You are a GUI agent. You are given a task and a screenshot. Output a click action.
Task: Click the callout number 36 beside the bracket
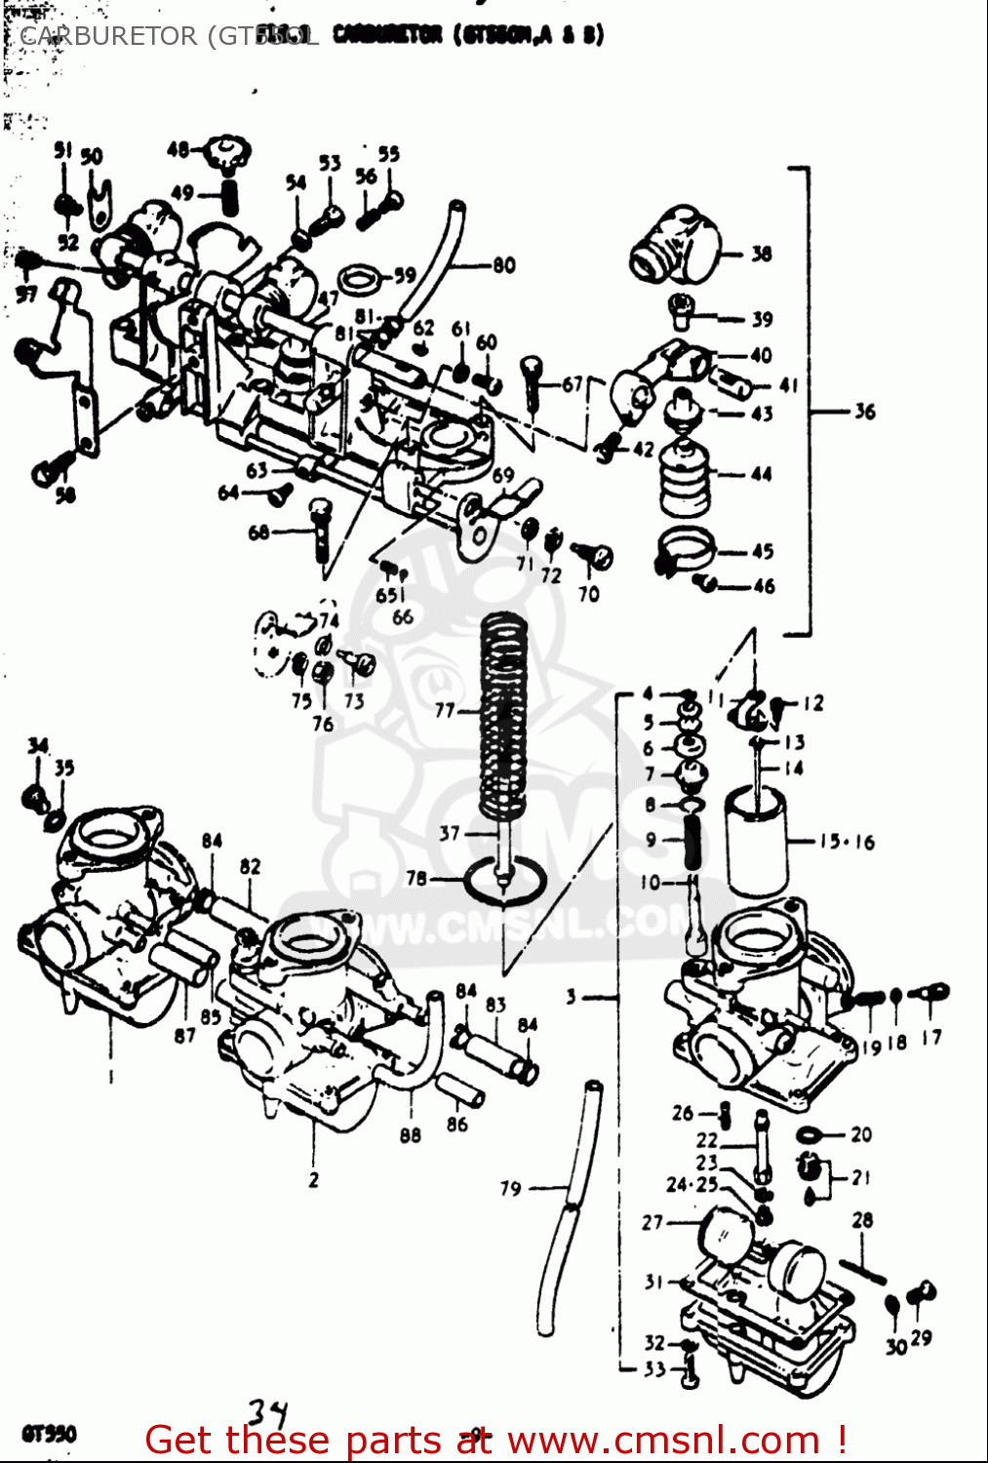click(864, 412)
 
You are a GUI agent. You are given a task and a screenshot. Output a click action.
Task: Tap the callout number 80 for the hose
click(503, 264)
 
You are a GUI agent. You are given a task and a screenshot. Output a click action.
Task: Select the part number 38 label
click(761, 254)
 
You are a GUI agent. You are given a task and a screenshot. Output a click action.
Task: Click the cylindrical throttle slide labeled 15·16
click(755, 841)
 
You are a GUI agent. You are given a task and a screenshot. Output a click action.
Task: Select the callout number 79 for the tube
click(510, 1188)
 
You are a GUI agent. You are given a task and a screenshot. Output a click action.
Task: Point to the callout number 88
click(410, 1134)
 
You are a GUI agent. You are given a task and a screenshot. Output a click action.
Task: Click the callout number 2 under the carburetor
click(313, 1179)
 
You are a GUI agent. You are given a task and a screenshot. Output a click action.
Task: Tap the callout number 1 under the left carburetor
click(110, 1077)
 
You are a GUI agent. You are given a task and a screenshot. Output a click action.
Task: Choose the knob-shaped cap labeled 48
click(227, 154)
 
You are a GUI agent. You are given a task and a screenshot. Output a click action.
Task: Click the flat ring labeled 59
click(361, 279)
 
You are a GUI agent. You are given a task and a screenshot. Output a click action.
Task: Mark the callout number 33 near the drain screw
click(653, 1369)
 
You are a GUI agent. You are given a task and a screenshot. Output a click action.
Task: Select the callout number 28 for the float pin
click(862, 1220)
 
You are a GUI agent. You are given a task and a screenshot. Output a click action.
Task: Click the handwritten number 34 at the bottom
click(267, 1412)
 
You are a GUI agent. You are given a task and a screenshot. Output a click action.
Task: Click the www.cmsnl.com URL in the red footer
click(664, 1441)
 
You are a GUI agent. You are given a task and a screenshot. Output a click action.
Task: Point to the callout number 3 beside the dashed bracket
click(571, 997)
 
